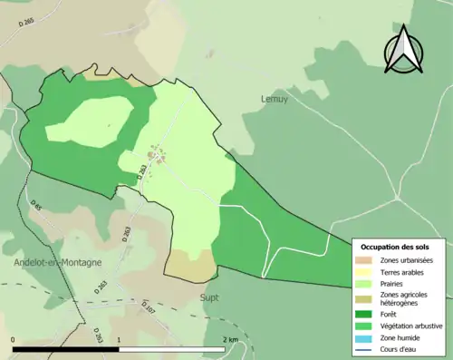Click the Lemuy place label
click(274, 99)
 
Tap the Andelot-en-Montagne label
click(58, 262)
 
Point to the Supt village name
click(209, 297)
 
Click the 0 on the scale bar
click(14, 340)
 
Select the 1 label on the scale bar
click(120, 340)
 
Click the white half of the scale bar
click(173, 349)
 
